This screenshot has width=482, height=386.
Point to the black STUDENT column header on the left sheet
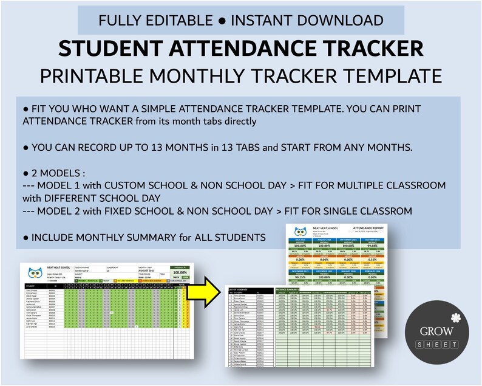coord(31,285)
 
